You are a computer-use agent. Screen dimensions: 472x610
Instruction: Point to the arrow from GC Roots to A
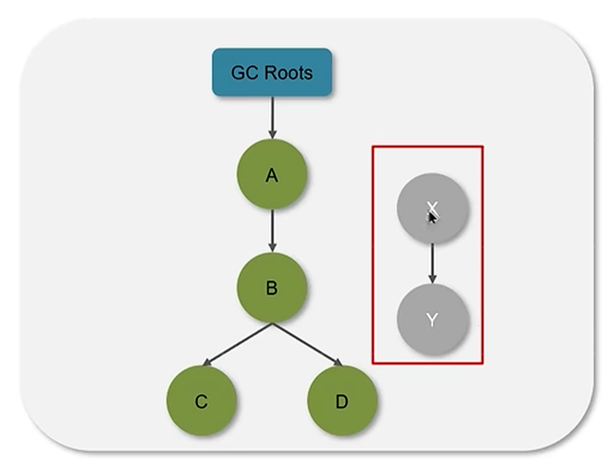click(272, 118)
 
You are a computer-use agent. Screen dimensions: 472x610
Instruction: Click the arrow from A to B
click(272, 230)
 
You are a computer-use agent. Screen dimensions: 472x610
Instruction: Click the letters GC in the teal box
click(241, 73)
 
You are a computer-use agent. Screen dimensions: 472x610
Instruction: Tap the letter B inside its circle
click(272, 288)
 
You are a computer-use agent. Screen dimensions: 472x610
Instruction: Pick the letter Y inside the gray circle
click(432, 319)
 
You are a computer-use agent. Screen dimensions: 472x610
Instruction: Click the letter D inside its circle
click(342, 401)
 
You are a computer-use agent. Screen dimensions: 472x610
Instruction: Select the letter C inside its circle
click(201, 401)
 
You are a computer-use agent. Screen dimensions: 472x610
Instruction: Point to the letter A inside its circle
click(272, 175)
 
